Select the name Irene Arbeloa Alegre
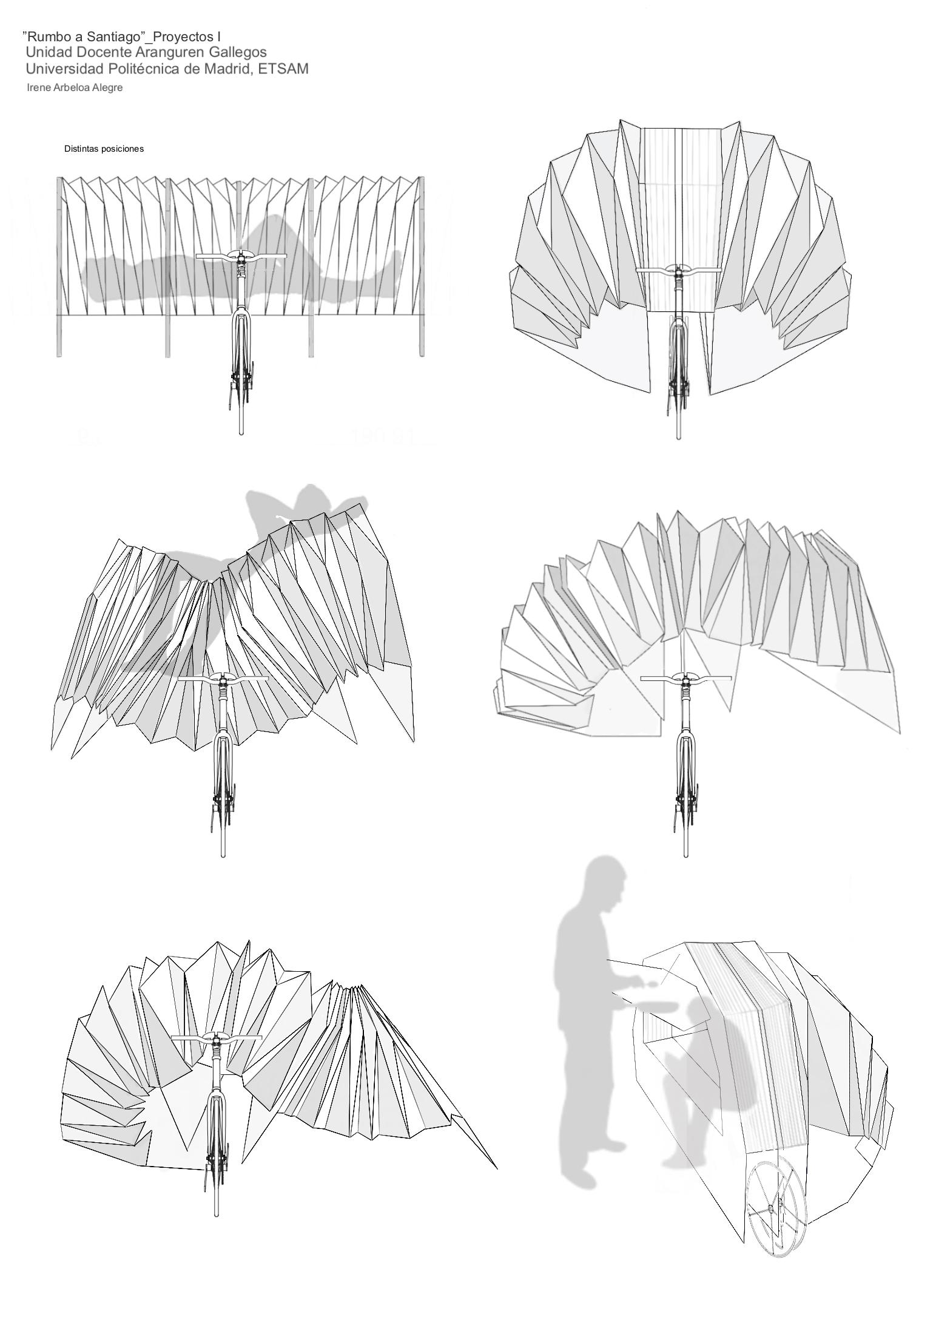click(75, 87)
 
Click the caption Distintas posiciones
click(104, 149)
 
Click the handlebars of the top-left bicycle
click(241, 257)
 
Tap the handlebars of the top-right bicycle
click(678, 269)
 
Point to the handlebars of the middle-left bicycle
click(223, 679)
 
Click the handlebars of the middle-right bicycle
click(685, 678)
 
